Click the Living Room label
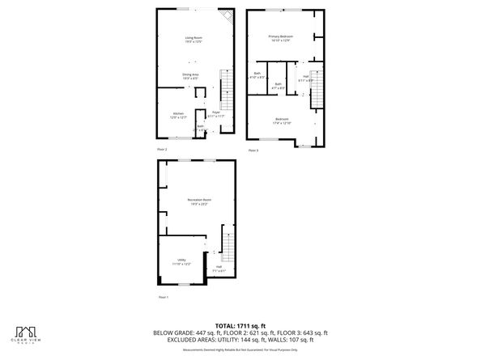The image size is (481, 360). point(193,40)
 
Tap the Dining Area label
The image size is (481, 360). point(190,75)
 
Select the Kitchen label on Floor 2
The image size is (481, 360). point(178,116)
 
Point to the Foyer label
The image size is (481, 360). point(216,114)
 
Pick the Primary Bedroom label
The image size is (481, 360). point(281,38)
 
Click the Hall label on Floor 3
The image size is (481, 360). point(306,78)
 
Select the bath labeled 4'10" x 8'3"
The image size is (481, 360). point(257,76)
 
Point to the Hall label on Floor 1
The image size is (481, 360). point(219,269)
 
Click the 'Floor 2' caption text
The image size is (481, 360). point(163,150)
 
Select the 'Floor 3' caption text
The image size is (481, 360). point(253,150)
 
